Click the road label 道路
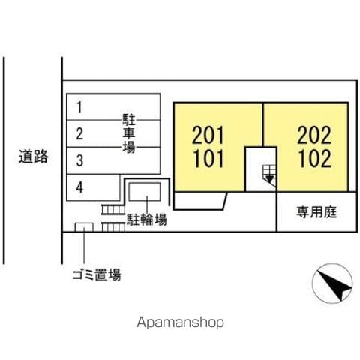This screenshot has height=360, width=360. coord(34,157)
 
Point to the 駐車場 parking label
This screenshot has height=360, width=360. coord(129,133)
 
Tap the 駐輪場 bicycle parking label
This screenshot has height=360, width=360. coord(147,220)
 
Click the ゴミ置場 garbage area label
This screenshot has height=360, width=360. coord(97,274)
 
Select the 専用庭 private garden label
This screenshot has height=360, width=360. coord(316,212)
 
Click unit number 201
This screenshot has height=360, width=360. coord(208,135)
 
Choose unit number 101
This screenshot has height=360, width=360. coord(208,158)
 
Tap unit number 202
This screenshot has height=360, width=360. coord(314,135)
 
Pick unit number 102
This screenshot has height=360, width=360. coord(315,158)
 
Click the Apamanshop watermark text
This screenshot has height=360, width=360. coord(180,322)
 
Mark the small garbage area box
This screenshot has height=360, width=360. coord(84,227)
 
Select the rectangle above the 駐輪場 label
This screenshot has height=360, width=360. coord(145,192)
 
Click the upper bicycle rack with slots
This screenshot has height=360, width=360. coord(113,209)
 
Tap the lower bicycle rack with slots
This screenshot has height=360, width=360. coord(113,227)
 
